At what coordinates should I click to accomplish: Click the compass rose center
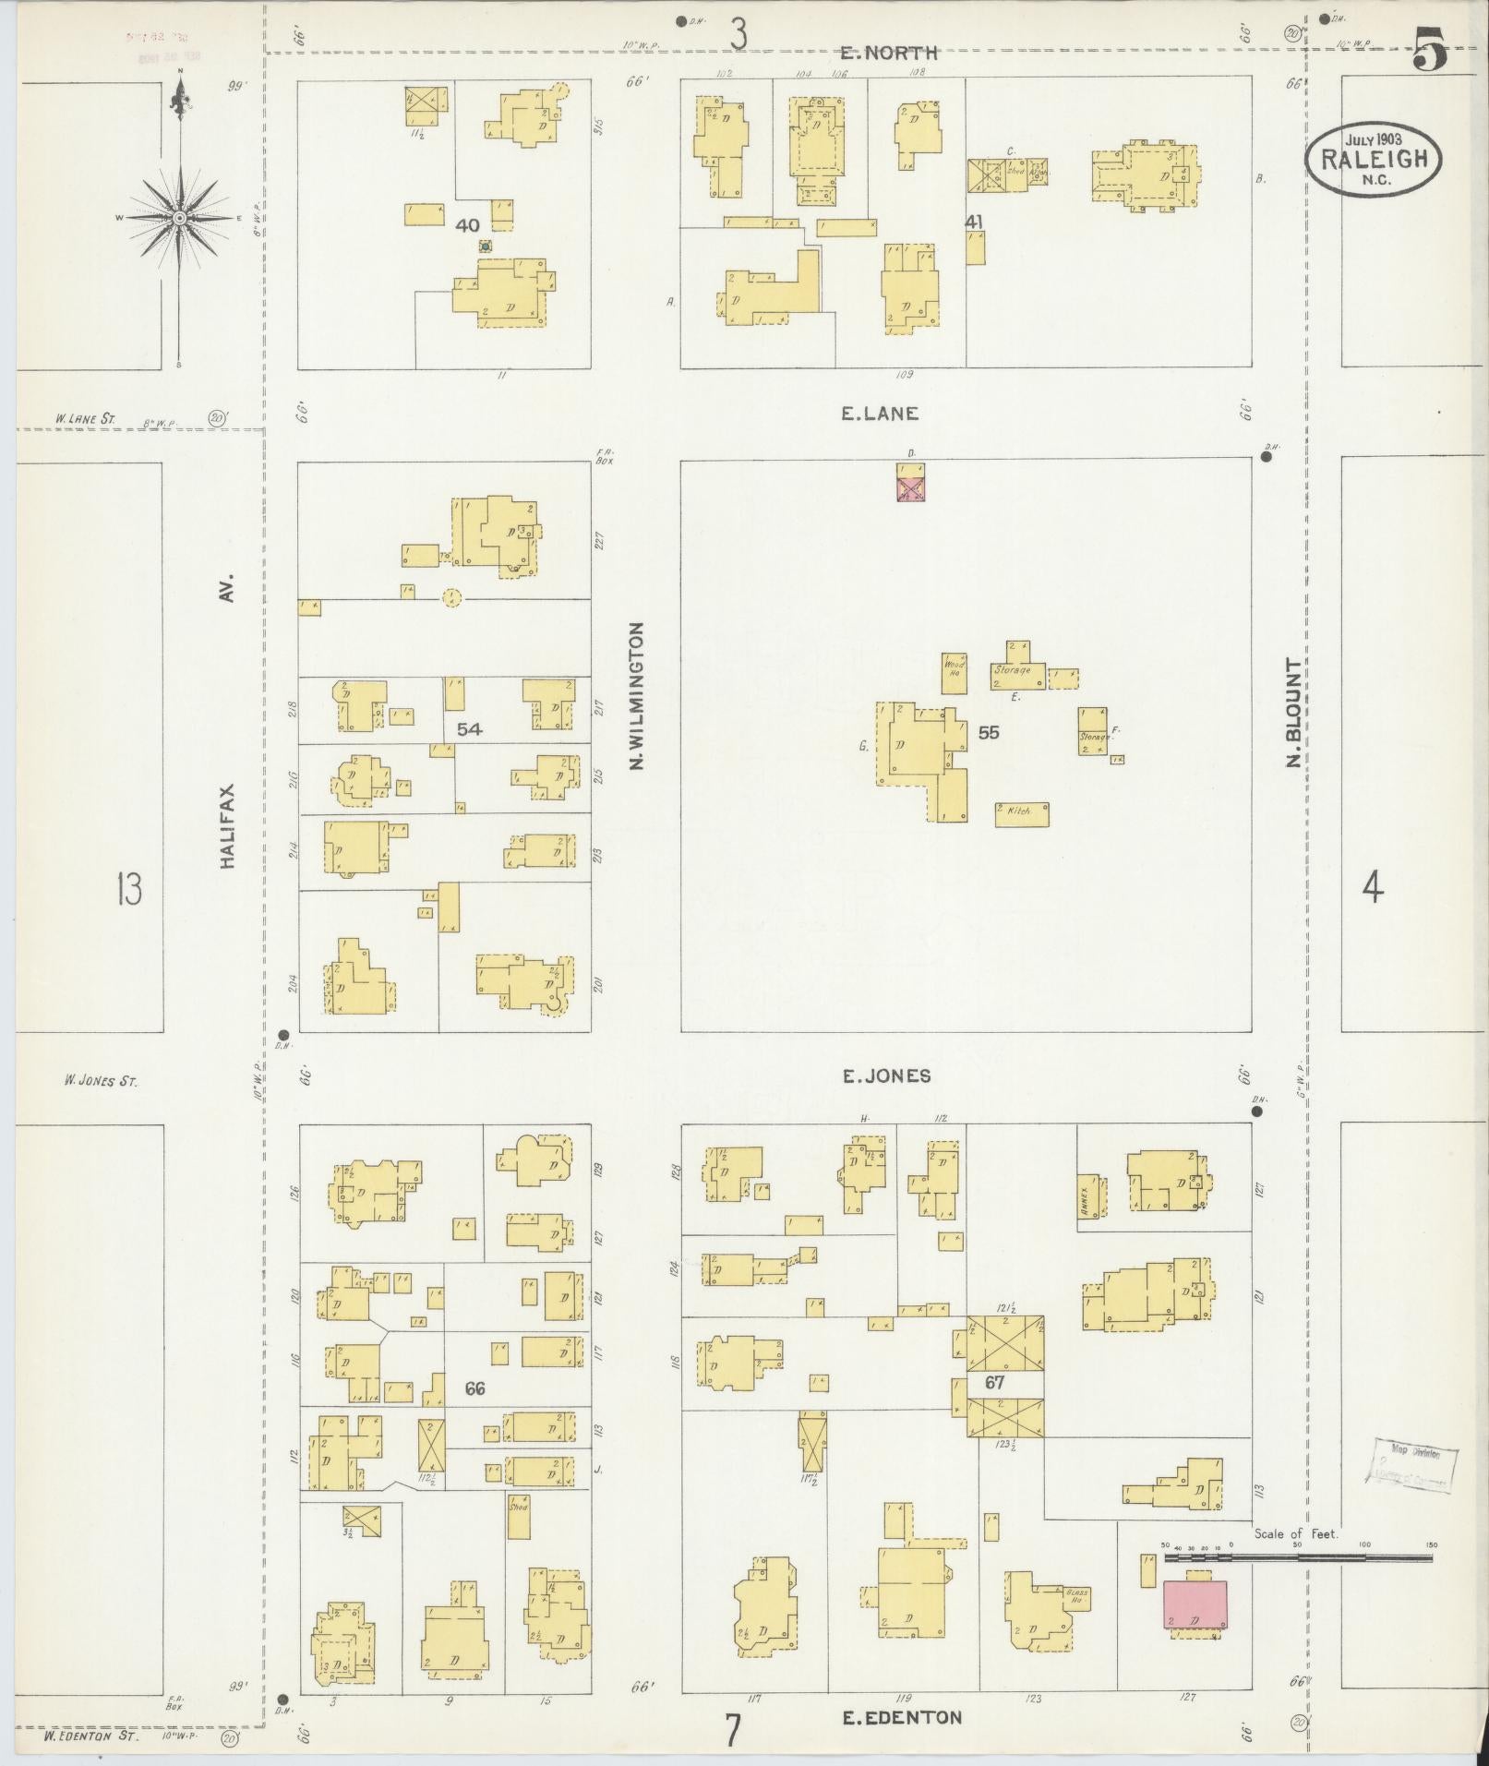[179, 217]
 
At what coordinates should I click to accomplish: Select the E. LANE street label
[879, 414]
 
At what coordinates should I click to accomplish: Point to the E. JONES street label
[886, 1075]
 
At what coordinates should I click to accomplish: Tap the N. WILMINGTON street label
[636, 696]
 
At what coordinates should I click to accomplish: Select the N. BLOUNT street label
[1293, 712]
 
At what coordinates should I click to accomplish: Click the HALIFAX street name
[227, 825]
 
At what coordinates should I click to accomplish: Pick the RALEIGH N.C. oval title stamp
[1374, 158]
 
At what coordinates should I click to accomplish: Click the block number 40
[467, 224]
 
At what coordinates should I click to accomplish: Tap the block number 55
[989, 732]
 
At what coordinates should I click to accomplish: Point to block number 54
[469, 729]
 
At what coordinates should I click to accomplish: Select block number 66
[475, 1388]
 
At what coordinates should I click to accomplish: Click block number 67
[994, 1383]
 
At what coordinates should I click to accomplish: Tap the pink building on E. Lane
[911, 485]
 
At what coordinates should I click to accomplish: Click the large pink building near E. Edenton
[1195, 1604]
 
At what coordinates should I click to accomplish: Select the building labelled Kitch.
[1021, 813]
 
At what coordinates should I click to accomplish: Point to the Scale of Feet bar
[1297, 1557]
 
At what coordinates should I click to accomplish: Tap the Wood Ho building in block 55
[954, 673]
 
